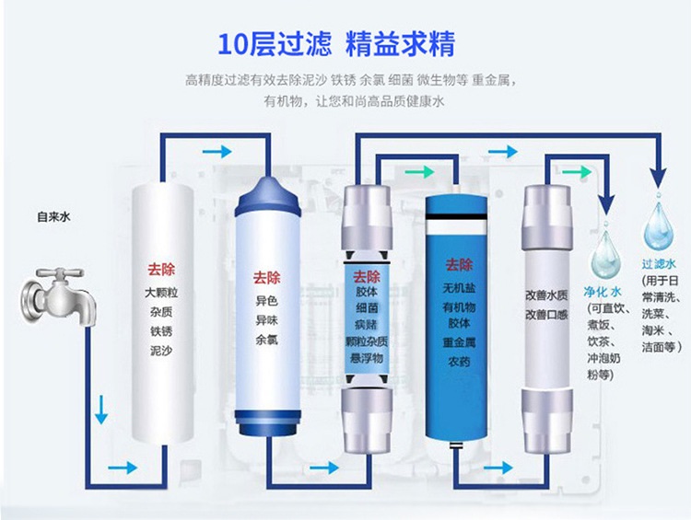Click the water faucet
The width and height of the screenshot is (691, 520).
(58, 295)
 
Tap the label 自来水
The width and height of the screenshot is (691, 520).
(53, 217)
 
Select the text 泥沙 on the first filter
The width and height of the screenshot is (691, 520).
(161, 351)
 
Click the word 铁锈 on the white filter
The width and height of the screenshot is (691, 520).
(161, 331)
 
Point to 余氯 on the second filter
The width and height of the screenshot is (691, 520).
(266, 340)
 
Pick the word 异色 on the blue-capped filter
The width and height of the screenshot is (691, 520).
(266, 301)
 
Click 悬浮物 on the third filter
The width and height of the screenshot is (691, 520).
(367, 358)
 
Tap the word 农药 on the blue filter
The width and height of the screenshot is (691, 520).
(459, 362)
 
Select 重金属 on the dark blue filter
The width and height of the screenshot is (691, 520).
(459, 342)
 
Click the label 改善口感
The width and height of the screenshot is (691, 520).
(546, 316)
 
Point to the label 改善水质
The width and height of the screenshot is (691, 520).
(546, 295)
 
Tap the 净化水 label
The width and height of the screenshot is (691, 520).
(603, 292)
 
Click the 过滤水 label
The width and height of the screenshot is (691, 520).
(659, 264)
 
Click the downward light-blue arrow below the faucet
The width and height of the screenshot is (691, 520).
(101, 410)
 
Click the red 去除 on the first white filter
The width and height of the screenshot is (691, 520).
(161, 270)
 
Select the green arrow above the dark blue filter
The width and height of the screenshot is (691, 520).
(419, 171)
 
